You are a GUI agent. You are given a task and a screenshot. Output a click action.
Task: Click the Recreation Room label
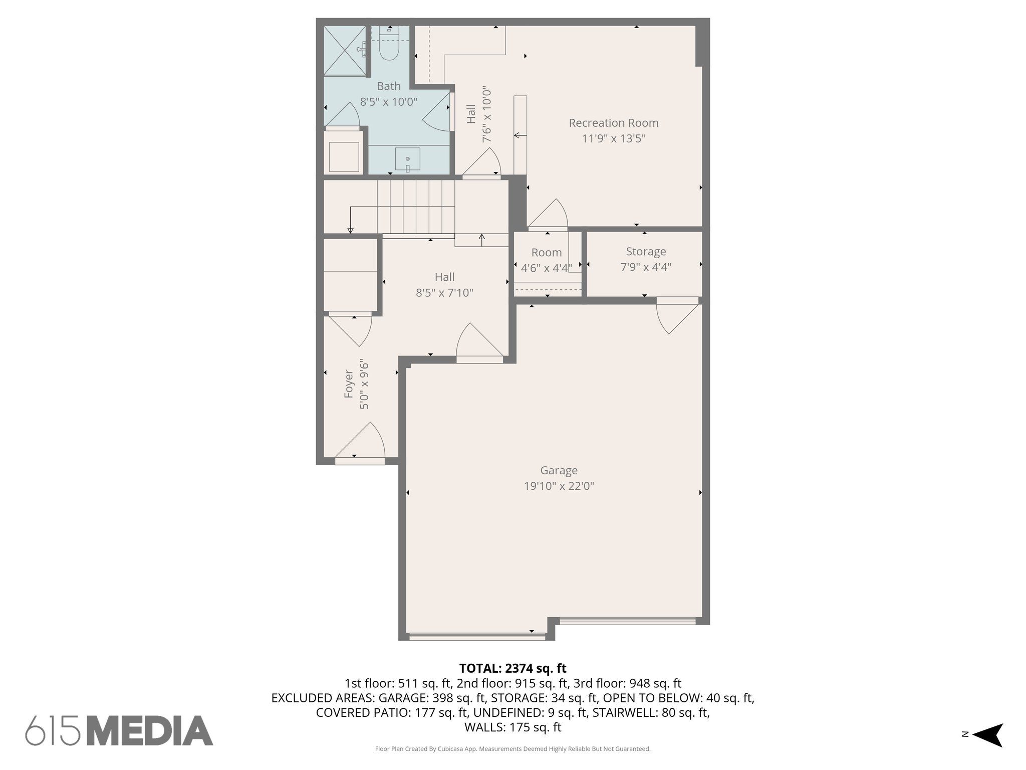[613, 123]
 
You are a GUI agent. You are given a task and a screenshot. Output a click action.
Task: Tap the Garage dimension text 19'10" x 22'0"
[559, 486]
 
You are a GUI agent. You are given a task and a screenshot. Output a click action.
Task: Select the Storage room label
[646, 252]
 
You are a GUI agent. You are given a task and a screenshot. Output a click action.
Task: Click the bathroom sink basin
[407, 159]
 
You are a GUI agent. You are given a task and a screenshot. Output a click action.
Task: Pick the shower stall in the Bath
[346, 50]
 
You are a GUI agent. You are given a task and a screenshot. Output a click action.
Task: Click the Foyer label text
[349, 384]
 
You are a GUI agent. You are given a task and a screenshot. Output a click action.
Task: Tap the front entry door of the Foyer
[360, 444]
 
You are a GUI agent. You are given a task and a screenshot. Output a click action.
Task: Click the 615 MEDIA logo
[119, 730]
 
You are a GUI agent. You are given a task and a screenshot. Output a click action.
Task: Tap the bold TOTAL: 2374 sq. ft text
[512, 668]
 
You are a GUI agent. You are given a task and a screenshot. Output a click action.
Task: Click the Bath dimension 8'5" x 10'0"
[389, 102]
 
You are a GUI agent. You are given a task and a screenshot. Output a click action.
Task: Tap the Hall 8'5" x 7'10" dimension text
[444, 293]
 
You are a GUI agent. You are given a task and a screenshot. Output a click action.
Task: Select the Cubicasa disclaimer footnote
[512, 749]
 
